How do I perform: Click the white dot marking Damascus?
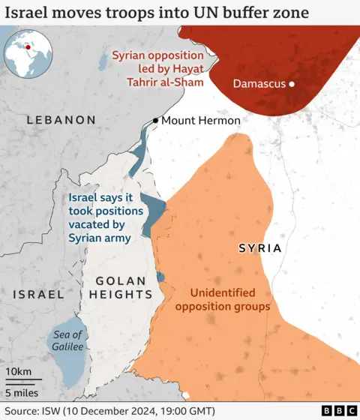point(292,84)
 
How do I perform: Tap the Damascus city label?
point(259,84)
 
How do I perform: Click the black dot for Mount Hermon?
point(155,121)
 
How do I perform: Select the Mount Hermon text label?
point(201,121)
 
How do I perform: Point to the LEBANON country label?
point(61,120)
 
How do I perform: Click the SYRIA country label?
point(259,247)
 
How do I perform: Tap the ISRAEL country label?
point(38,295)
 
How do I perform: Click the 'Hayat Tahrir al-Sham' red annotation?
point(157,68)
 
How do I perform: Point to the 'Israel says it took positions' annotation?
point(100,217)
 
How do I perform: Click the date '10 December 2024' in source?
point(118,410)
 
